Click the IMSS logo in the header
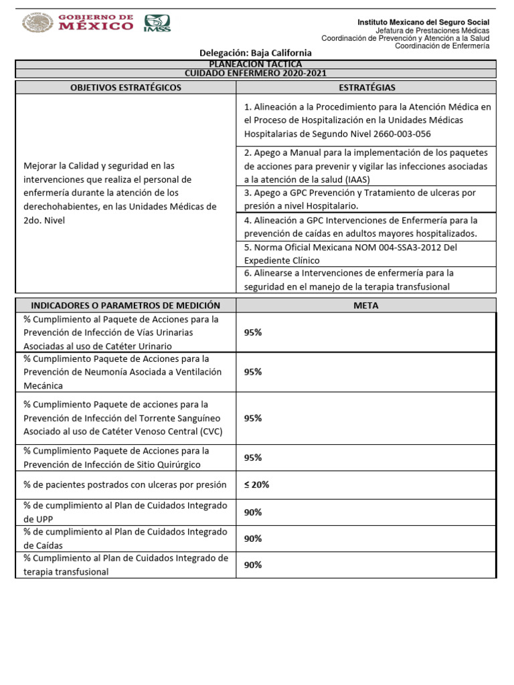pyautogui.click(x=157, y=23)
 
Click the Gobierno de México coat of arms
pyautogui.click(x=38, y=23)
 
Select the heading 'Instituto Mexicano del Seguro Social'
pyautogui.click(x=423, y=22)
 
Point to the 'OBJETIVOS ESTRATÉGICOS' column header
pyautogui.click(x=126, y=88)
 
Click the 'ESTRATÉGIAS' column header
pyautogui.click(x=367, y=88)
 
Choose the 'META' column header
pyautogui.click(x=366, y=306)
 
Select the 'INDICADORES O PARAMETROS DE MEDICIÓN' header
pyautogui.click(x=126, y=306)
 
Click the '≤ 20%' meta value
pyautogui.click(x=257, y=485)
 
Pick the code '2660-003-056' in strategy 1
pyautogui.click(x=397, y=134)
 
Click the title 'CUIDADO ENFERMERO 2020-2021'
pyautogui.click(x=256, y=74)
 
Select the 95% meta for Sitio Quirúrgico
pyautogui.click(x=253, y=458)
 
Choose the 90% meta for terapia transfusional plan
pyautogui.click(x=253, y=565)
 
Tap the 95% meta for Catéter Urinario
pyautogui.click(x=253, y=332)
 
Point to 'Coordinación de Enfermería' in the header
pyautogui.click(x=442, y=46)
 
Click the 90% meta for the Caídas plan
pyautogui.click(x=253, y=539)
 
